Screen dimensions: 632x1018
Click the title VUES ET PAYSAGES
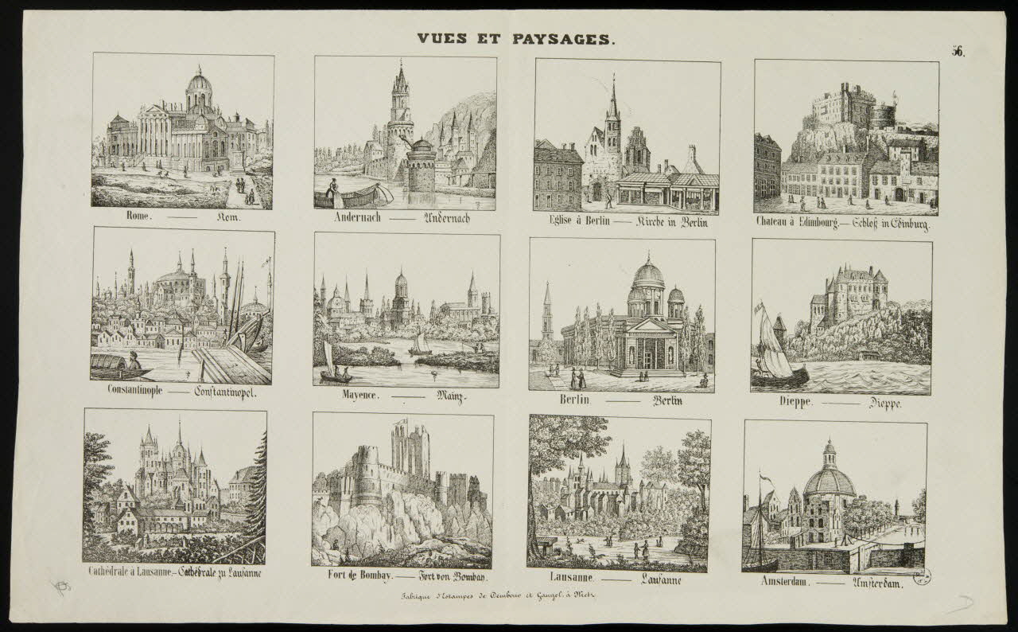515,38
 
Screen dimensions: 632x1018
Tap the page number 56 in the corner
958,52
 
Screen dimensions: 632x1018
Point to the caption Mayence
359,396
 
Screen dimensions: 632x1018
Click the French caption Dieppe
795,402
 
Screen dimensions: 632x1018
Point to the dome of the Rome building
199,84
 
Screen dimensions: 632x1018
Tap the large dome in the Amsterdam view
830,480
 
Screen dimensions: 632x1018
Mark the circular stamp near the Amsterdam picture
923,575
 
